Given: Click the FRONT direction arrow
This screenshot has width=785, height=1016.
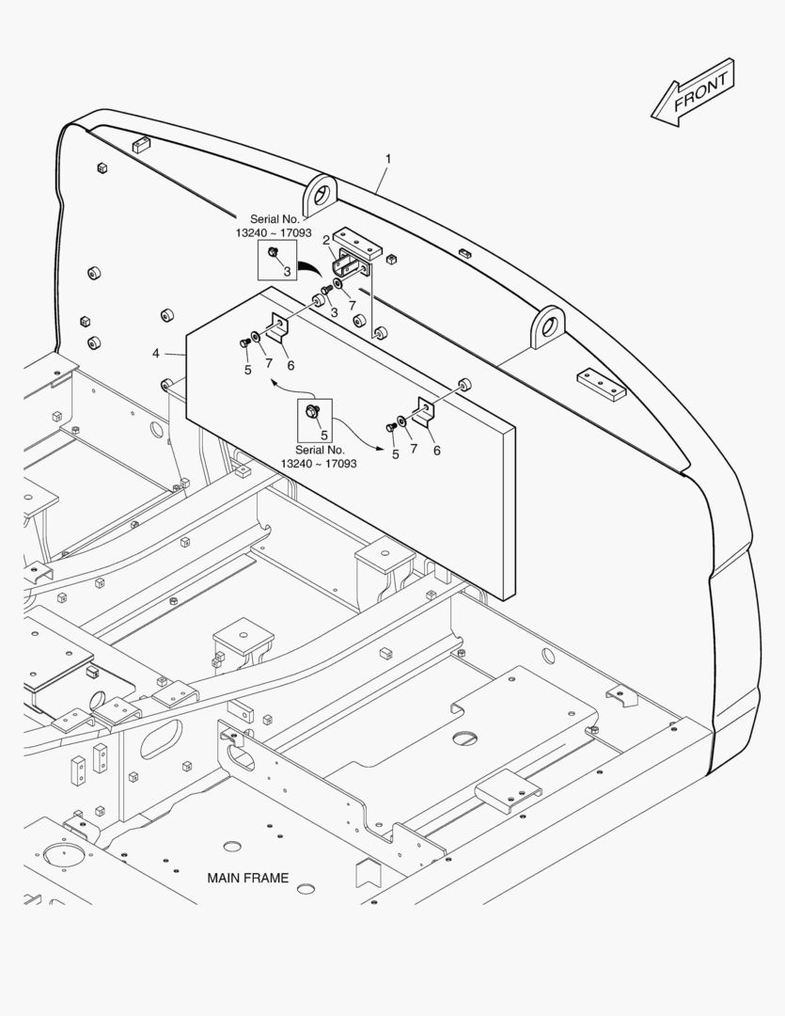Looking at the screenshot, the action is [693, 93].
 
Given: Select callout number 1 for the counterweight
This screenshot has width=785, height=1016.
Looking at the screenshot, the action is [388, 159].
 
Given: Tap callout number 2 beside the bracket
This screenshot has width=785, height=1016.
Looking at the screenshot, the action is [326, 241].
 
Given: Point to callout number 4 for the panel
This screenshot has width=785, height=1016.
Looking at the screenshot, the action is [155, 353].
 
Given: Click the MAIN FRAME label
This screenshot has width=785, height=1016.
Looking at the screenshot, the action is [248, 878].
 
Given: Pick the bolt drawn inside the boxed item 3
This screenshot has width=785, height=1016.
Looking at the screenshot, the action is [273, 251].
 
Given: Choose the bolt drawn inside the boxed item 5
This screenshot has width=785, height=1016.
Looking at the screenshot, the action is [311, 410].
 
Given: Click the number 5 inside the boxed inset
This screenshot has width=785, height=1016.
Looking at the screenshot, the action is [323, 436].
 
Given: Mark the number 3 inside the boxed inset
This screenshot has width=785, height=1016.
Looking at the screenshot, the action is [287, 272].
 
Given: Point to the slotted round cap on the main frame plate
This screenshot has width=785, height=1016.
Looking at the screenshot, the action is [463, 738].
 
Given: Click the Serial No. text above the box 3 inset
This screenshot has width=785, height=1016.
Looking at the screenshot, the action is [275, 219].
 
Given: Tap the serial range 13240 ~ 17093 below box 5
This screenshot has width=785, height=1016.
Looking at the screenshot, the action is [319, 463].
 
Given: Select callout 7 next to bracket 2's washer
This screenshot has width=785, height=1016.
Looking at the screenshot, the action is [352, 305].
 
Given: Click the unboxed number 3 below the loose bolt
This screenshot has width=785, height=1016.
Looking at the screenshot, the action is [334, 313].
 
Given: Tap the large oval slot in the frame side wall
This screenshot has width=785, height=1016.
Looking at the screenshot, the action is [162, 738].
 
